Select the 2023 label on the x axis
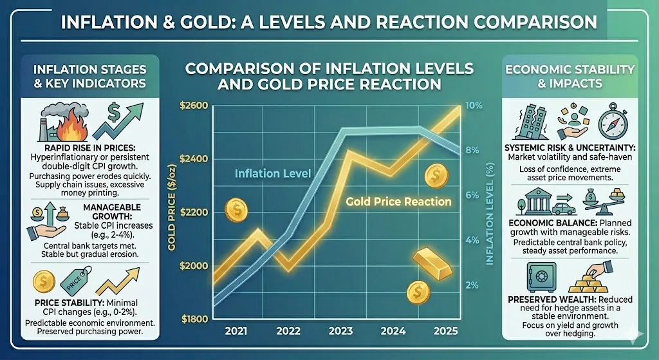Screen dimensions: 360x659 [x=340, y=332]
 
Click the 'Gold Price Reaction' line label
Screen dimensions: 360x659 [x=398, y=202]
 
